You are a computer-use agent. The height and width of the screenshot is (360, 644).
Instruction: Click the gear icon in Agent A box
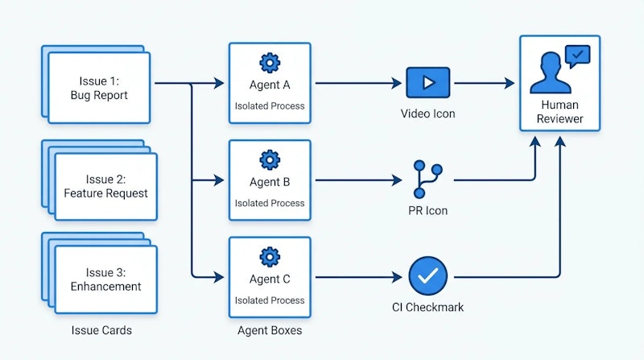point(270,62)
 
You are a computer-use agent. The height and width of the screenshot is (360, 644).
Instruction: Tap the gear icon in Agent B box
point(270,159)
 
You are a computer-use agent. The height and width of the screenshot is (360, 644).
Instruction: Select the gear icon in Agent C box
point(270,257)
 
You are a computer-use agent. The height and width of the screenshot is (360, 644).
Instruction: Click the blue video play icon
point(427,83)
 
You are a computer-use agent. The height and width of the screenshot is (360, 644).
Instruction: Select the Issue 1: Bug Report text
point(99,89)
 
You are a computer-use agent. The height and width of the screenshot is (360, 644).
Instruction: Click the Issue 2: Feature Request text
point(105,186)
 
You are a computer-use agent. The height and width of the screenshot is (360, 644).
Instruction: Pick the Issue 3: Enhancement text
point(105,279)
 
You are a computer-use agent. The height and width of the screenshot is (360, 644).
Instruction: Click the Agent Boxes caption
point(270,330)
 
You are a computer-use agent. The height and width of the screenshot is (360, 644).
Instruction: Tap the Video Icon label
point(427,114)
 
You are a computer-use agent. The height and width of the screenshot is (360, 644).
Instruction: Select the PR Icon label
point(427,211)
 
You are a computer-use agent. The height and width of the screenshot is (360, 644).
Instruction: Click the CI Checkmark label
point(427,307)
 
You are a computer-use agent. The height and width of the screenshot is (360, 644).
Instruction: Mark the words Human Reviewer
point(560,112)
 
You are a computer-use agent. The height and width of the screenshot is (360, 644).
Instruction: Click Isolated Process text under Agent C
point(270,300)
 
